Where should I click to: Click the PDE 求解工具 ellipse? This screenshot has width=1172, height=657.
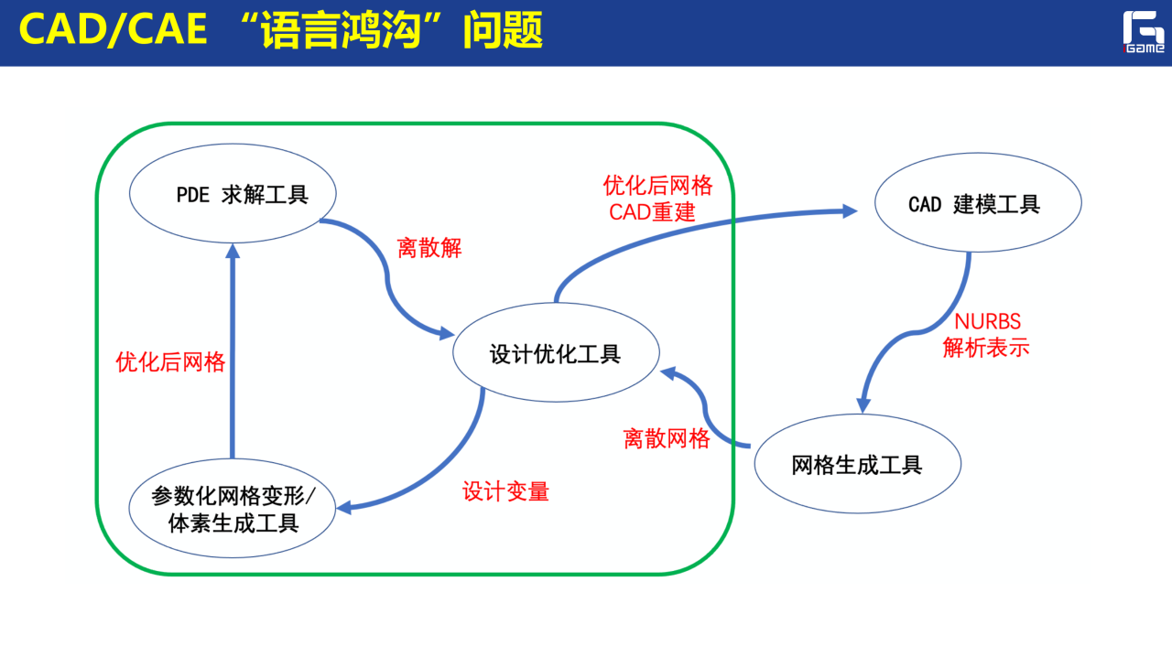click(233, 195)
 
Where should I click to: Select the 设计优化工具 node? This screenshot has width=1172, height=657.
click(556, 354)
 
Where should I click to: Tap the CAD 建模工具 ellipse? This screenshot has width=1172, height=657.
click(978, 204)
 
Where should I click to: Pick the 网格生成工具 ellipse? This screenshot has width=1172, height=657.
click(857, 464)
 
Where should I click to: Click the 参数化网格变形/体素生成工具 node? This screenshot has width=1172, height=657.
click(233, 510)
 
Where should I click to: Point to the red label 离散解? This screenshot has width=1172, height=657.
click(429, 247)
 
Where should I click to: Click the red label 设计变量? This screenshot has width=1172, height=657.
click(505, 491)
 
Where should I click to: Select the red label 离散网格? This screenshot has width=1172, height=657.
click(667, 438)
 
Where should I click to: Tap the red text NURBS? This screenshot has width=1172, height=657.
click(987, 322)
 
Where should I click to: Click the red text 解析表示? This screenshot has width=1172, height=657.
click(986, 348)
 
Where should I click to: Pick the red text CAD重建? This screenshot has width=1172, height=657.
click(653, 213)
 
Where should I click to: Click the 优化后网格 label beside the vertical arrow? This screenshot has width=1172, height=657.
click(170, 361)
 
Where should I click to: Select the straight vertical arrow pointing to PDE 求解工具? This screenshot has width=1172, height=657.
click(233, 357)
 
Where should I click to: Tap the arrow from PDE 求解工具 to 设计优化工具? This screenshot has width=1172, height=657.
click(389, 275)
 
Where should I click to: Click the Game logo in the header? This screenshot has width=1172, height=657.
click(1144, 33)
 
